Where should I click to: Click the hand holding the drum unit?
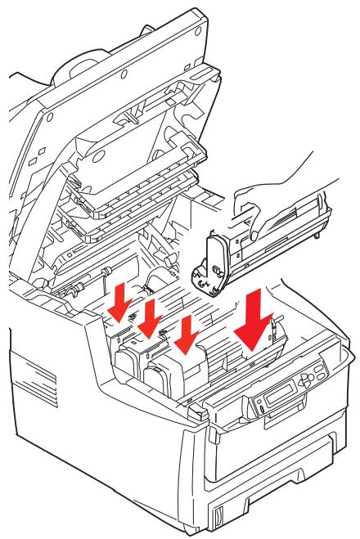[270, 196]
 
